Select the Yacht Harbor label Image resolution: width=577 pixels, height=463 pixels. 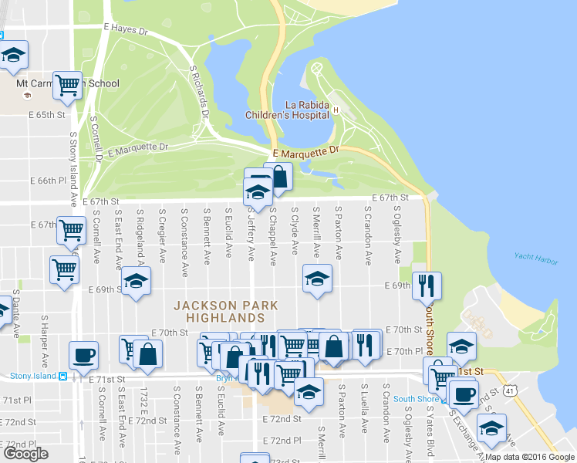click(x=536, y=260)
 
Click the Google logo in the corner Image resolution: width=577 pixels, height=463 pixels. click(x=25, y=454)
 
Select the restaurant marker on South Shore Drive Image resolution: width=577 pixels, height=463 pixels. click(x=427, y=286)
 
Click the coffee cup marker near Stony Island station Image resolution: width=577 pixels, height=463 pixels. click(x=83, y=355)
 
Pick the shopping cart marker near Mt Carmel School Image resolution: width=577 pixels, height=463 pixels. click(x=68, y=84)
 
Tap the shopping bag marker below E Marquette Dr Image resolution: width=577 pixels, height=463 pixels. click(x=278, y=175)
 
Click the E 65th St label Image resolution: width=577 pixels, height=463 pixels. click(x=46, y=114)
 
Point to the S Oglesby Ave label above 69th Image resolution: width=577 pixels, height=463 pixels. click(x=397, y=234)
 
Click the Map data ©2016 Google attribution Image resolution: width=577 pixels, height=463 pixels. click(x=530, y=457)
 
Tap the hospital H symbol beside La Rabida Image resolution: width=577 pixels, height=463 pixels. click(x=336, y=110)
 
